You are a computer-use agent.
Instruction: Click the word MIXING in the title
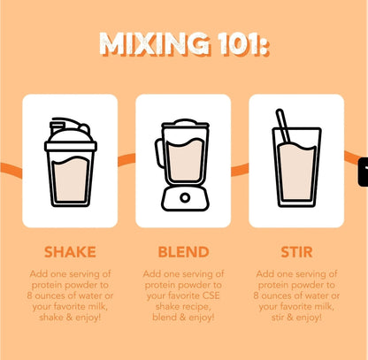(x=155, y=44)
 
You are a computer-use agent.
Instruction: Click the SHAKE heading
(x=70, y=252)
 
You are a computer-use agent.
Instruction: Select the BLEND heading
(x=183, y=252)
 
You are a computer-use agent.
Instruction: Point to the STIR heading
(x=296, y=252)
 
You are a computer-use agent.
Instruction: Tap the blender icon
(x=183, y=165)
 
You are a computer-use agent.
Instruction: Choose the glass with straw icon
(x=296, y=158)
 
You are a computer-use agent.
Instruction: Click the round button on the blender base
(x=185, y=197)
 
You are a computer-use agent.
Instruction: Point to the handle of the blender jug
(x=158, y=153)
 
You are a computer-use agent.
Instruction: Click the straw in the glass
(x=283, y=126)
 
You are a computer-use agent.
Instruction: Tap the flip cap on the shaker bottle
(x=70, y=126)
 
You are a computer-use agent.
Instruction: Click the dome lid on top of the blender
(x=185, y=122)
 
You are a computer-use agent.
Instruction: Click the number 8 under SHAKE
(x=29, y=295)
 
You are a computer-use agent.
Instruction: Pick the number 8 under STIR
(x=256, y=295)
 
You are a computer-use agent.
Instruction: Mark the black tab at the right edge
(x=364, y=172)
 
